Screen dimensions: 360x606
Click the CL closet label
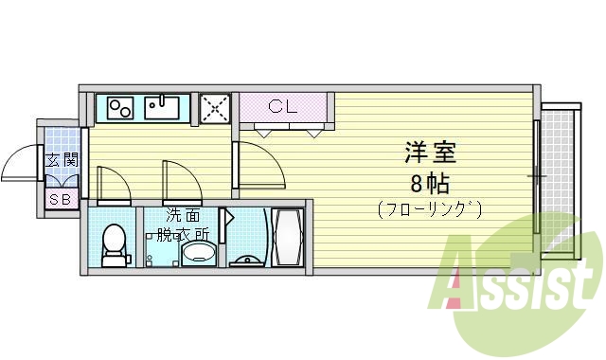tap(282, 106)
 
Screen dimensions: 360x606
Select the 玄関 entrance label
tap(61, 161)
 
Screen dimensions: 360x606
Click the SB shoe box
tap(61, 199)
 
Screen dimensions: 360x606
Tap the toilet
tap(113, 242)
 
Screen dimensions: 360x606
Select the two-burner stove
tap(120, 107)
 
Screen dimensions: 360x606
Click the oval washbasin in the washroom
tap(198, 253)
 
